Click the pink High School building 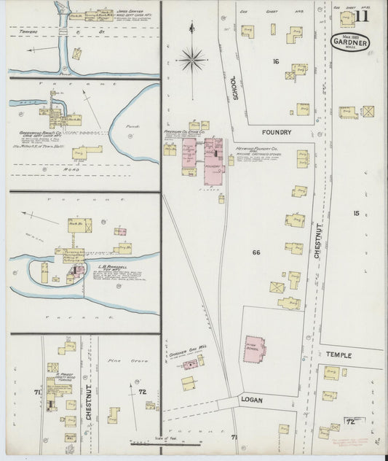255,349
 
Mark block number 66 256,252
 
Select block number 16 276,62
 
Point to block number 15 355,213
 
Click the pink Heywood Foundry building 213,156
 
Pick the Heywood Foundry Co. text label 252,147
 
